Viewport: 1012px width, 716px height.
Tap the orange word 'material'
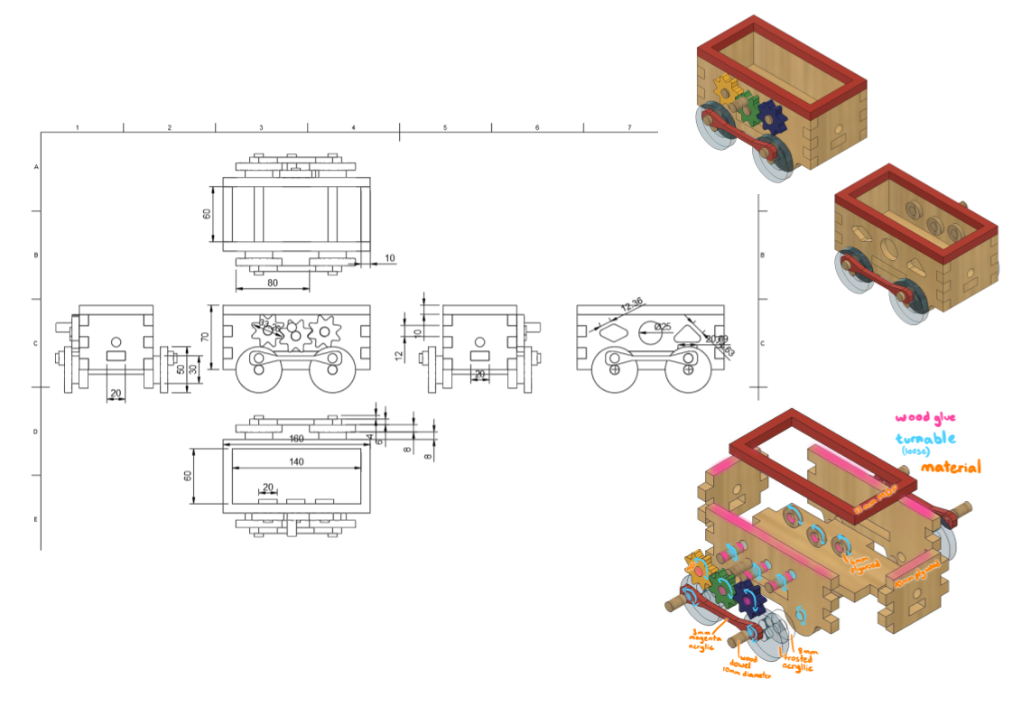951,467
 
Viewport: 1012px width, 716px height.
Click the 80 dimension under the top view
273,283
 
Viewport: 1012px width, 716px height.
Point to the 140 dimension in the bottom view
296,461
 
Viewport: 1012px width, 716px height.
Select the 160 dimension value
296,440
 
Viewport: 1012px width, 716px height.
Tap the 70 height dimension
206,337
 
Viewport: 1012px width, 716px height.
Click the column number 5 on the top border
445,128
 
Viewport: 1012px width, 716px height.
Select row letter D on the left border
36,432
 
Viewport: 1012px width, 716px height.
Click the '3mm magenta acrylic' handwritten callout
709,639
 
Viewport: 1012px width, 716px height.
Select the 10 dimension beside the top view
390,258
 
